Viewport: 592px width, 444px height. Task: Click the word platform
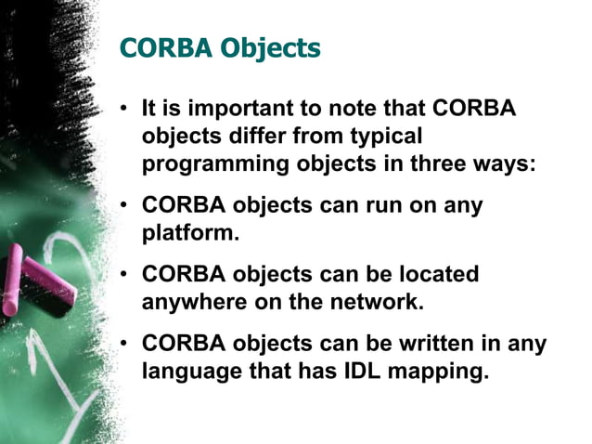tap(190, 232)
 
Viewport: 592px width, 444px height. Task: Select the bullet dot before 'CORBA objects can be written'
tap(123, 345)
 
